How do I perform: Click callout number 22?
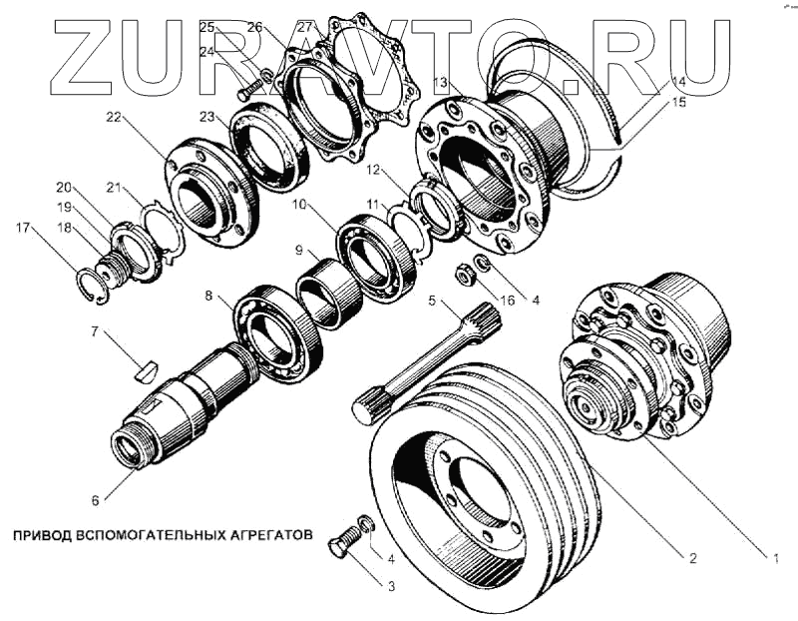pos(114,118)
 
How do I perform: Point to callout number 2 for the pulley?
pos(691,557)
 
